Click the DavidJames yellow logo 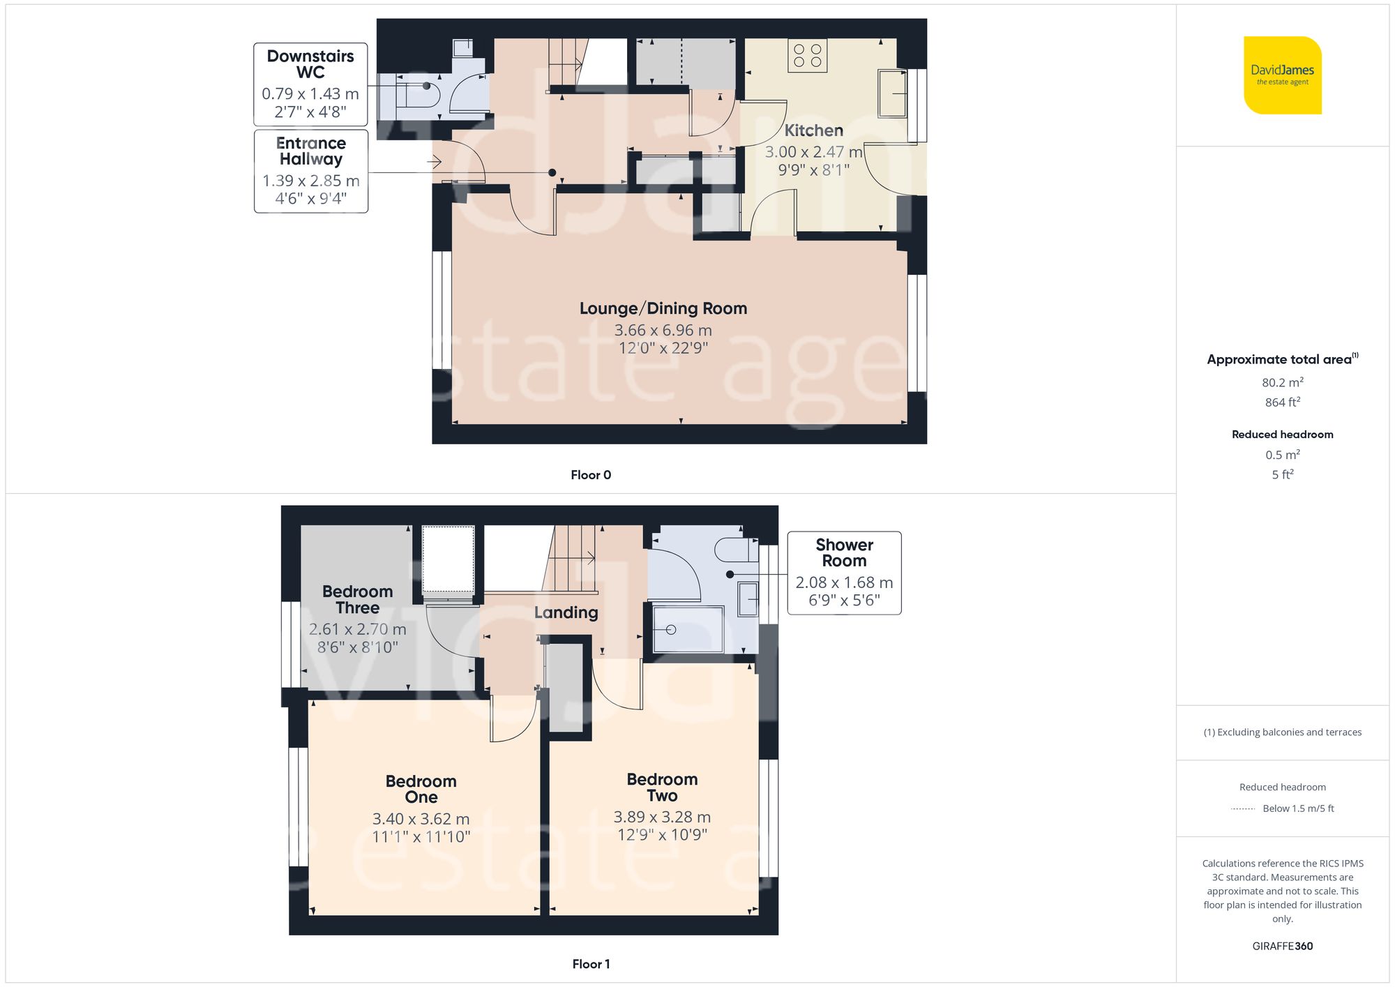[1282, 75]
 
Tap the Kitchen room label [813, 130]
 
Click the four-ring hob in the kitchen [808, 56]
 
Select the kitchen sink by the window [891, 93]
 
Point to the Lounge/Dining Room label [663, 308]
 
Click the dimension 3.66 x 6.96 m [663, 330]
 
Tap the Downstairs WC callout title [310, 64]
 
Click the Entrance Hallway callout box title [311, 151]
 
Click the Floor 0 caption [590, 475]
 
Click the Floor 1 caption [590, 964]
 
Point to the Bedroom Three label [357, 599]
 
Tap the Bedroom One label [421, 789]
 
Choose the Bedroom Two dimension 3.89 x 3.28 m [662, 817]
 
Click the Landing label [566, 612]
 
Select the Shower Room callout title [844, 552]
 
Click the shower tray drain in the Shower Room [671, 630]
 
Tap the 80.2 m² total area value [1282, 382]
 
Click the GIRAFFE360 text [1282, 946]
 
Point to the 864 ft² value [1282, 402]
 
